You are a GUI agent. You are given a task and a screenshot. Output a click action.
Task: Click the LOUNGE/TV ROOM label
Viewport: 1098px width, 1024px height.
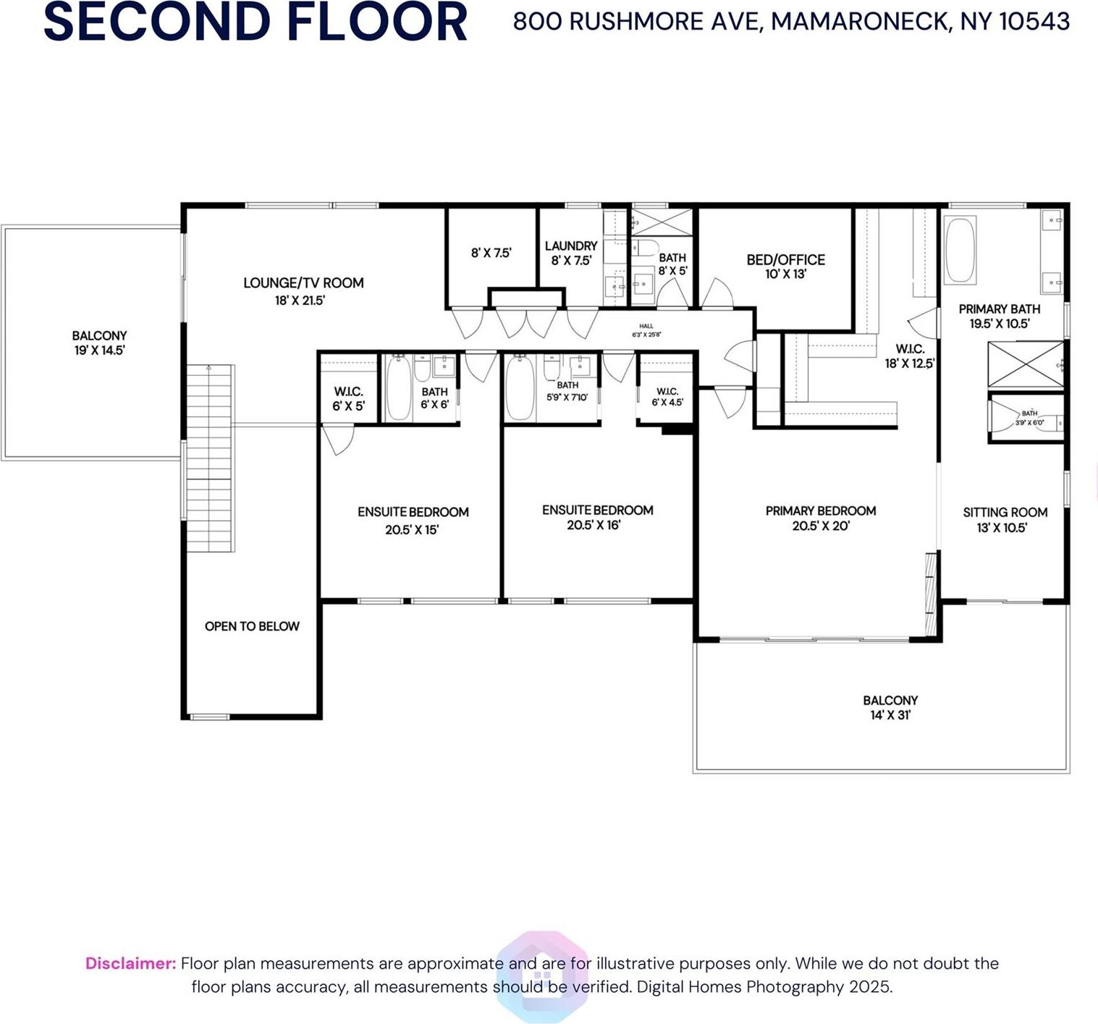point(303,283)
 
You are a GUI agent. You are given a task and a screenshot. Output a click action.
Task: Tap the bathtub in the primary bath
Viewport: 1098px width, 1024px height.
point(960,250)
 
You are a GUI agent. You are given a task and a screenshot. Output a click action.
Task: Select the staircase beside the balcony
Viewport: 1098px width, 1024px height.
point(211,458)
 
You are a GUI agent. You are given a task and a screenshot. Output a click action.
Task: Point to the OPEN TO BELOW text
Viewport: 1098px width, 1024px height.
point(252,626)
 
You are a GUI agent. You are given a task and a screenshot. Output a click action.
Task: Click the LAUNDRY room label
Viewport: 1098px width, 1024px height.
point(571,246)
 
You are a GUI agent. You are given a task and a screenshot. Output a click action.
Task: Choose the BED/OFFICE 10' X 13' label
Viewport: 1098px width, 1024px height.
point(785,267)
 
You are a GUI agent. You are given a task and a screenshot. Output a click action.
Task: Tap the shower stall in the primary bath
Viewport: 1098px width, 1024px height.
point(1025,364)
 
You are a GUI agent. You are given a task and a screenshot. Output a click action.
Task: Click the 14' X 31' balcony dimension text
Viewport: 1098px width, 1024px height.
point(890,715)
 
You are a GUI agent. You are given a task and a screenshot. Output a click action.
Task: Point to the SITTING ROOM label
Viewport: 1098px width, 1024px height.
point(1005,513)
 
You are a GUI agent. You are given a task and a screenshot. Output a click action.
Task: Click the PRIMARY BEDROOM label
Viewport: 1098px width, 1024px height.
point(820,511)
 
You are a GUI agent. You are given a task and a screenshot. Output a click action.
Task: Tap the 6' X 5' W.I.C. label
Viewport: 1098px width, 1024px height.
point(348,399)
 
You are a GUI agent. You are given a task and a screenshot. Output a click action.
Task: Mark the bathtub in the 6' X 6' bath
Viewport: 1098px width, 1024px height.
point(398,388)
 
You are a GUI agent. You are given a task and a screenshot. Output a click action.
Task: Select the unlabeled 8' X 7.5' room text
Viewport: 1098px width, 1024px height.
point(491,253)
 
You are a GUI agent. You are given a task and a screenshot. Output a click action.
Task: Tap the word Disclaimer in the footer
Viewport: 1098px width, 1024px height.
point(131,963)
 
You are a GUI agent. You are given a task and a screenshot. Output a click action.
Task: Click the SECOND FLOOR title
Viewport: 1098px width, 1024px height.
point(255,22)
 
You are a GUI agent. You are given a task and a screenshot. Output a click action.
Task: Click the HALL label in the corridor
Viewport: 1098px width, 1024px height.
point(646,327)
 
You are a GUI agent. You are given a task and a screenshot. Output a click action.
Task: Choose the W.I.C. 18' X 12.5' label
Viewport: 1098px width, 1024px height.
point(909,356)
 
